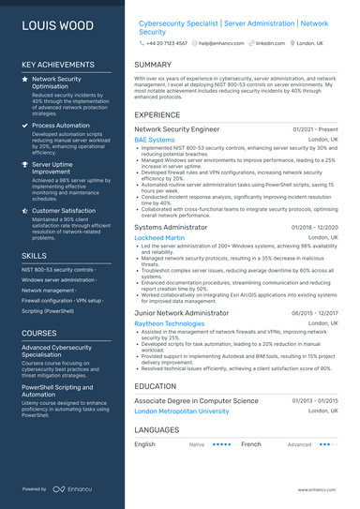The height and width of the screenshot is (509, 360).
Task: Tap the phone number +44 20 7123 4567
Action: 166,43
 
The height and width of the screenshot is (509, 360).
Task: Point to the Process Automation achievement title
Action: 61,125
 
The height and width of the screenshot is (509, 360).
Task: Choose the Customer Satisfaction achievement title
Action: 65,211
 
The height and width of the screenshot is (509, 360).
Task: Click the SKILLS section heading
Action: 34,255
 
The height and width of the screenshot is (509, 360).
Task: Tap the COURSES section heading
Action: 39,333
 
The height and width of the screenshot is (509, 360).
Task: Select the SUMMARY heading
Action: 153,65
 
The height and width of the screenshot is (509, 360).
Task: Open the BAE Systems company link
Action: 155,140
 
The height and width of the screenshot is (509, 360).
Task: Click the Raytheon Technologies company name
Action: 170,323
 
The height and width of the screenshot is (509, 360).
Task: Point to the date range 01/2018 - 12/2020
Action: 314,227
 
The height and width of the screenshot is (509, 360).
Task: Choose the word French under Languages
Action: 251,444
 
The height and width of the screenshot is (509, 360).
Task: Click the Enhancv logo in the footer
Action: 71,489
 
